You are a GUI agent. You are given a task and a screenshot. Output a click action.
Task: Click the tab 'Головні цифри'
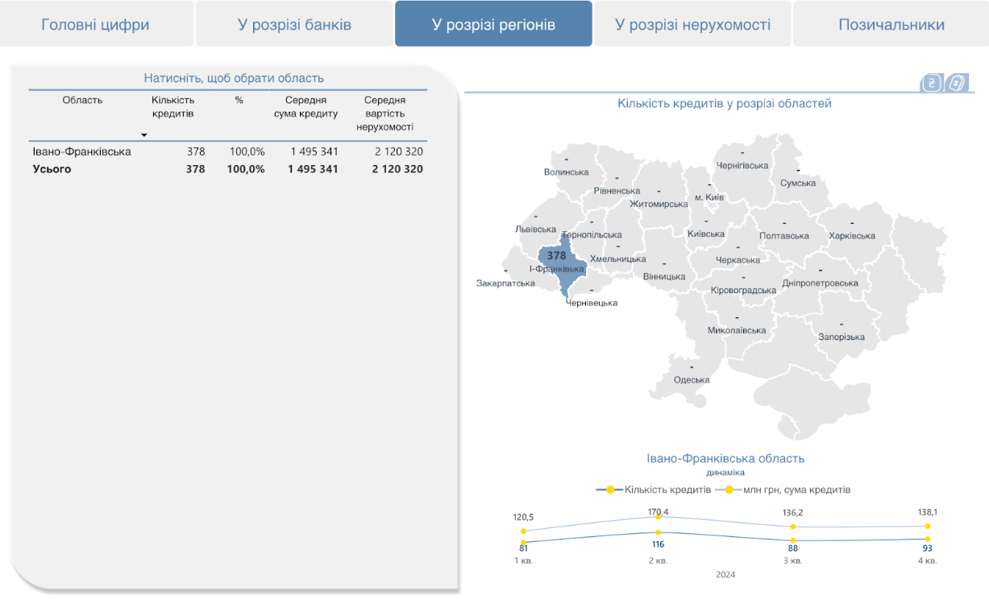pos(95,25)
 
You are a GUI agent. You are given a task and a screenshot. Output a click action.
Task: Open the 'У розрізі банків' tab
pos(294,25)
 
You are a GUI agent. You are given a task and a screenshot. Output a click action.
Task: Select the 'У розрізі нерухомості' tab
pos(692,25)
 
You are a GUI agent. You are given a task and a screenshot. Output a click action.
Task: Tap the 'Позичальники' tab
pos(891,25)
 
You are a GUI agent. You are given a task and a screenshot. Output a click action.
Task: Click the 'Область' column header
pos(83,101)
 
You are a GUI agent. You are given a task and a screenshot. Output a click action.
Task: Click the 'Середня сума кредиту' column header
pos(311,107)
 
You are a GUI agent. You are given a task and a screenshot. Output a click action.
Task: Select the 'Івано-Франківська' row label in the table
pos(81,151)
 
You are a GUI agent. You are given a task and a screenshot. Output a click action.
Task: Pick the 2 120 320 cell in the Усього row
pos(397,169)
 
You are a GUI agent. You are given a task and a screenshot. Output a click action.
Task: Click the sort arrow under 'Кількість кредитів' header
pos(144,134)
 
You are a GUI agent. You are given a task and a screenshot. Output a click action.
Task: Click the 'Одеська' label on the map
pos(692,380)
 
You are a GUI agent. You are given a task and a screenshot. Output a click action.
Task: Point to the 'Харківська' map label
pos(852,236)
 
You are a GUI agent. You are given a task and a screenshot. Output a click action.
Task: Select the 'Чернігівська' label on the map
pos(742,166)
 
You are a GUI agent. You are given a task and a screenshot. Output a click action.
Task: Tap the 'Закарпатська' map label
pos(505,283)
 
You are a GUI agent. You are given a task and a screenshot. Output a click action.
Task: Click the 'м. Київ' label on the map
pos(709,197)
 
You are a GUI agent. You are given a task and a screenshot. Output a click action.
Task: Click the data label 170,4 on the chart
pos(658,512)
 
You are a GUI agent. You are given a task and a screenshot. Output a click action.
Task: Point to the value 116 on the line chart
pos(658,544)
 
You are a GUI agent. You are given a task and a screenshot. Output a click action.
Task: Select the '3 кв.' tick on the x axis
pos(794,561)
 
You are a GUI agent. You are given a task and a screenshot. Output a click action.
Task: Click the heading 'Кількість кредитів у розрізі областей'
pos(725,104)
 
